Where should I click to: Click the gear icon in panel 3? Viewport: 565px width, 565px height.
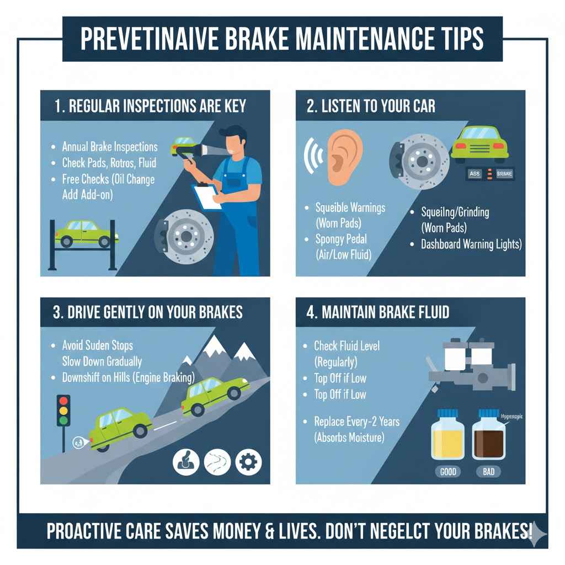pos(248,461)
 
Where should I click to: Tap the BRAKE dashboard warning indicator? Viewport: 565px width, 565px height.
pos(504,173)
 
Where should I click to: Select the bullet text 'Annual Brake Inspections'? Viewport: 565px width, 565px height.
pos(110,147)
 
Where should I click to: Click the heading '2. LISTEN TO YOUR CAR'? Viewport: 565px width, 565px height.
pos(371,106)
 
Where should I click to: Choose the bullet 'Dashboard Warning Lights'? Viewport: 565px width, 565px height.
pos(471,244)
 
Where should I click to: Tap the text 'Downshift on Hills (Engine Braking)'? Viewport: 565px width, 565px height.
pos(129,378)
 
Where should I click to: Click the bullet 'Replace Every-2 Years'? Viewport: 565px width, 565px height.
pos(357,422)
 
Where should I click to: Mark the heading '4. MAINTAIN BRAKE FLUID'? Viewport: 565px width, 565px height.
pos(378,312)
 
